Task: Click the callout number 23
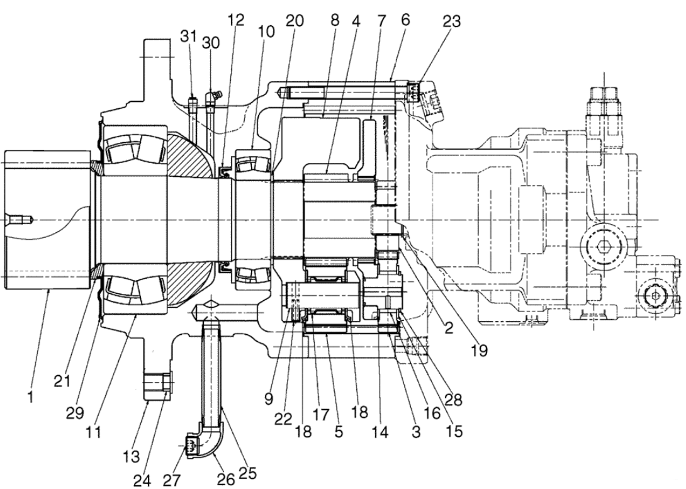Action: (451, 21)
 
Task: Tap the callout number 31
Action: (189, 37)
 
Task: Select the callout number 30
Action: (211, 43)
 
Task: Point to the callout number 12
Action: (236, 20)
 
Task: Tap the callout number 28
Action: (453, 399)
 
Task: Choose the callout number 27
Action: (171, 480)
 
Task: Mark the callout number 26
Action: (226, 480)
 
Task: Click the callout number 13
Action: (131, 456)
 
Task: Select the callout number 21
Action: (62, 381)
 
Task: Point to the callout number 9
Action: (268, 398)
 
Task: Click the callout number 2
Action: (449, 328)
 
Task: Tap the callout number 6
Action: (405, 20)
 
